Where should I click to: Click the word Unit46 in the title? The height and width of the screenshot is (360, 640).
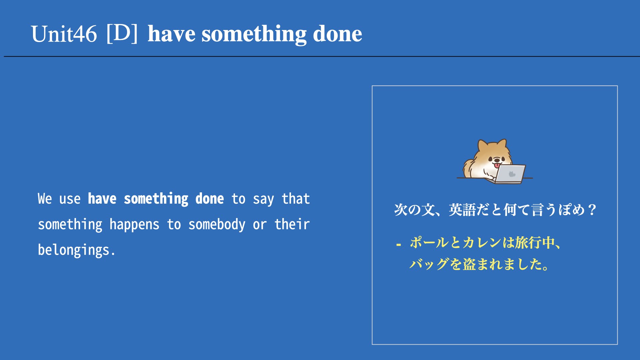(x=64, y=34)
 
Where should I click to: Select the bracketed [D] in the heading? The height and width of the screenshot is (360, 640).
(x=122, y=33)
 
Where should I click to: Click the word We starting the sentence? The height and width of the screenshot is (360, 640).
(x=45, y=199)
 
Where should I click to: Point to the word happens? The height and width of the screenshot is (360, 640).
(x=134, y=225)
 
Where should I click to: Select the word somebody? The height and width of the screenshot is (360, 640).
(x=217, y=224)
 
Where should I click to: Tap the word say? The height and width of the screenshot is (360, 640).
(x=263, y=199)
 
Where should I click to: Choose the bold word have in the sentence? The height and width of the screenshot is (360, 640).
(x=102, y=199)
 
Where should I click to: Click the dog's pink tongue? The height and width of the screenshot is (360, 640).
(x=497, y=165)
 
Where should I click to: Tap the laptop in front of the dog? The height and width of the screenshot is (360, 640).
(x=509, y=174)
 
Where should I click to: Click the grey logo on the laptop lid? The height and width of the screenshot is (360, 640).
(x=512, y=174)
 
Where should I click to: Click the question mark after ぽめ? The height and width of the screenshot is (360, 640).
(x=592, y=210)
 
